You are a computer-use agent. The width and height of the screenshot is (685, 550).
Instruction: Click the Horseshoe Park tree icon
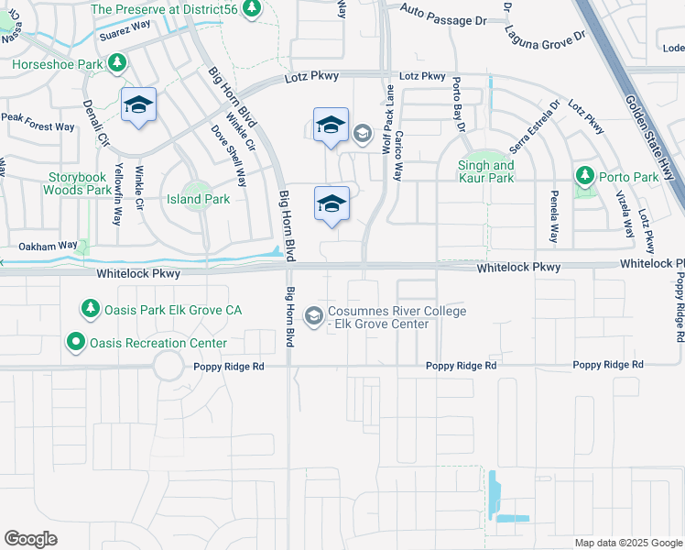(x=116, y=62)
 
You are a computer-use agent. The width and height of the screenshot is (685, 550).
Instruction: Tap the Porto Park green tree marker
(x=583, y=174)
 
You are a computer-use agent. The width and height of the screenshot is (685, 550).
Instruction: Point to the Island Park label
(x=197, y=198)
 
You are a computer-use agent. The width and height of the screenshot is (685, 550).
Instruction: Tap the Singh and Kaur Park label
(x=485, y=171)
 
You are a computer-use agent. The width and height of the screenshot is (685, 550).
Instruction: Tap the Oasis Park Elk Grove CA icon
(x=89, y=310)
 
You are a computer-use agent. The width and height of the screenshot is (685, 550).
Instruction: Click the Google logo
(x=30, y=538)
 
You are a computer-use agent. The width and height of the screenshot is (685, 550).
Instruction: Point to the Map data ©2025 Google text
(x=627, y=543)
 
